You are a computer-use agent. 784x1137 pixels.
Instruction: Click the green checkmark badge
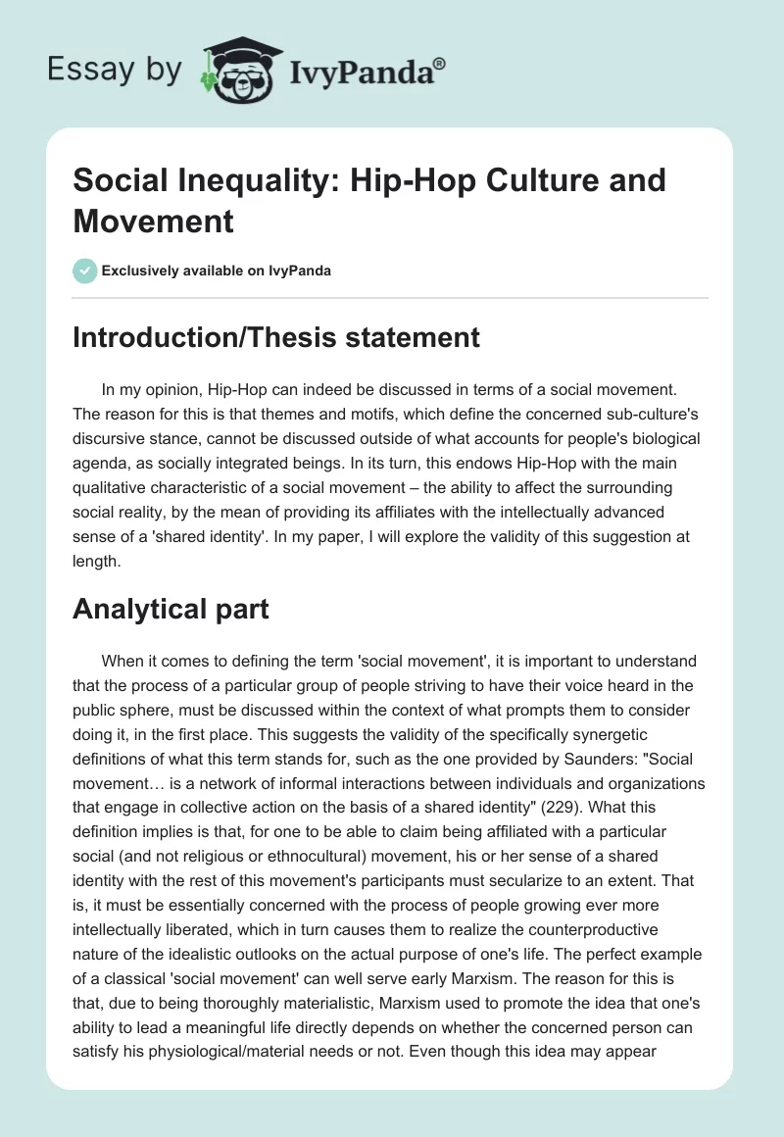pyautogui.click(x=85, y=271)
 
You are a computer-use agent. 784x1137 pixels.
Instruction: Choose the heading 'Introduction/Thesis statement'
pyautogui.click(x=276, y=337)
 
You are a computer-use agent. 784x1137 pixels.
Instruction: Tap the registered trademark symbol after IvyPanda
pyautogui.click(x=440, y=63)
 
